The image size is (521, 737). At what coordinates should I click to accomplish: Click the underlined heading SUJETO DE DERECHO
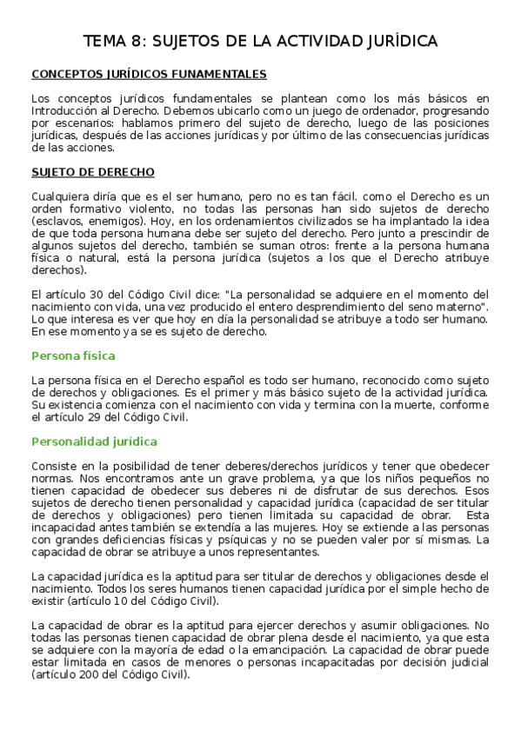pyautogui.click(x=93, y=172)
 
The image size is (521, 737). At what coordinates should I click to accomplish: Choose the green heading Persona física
pyautogui.click(x=73, y=355)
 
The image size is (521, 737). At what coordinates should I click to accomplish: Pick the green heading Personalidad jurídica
pyautogui.click(x=94, y=442)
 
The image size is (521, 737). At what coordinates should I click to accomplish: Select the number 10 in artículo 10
pyautogui.click(x=120, y=601)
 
